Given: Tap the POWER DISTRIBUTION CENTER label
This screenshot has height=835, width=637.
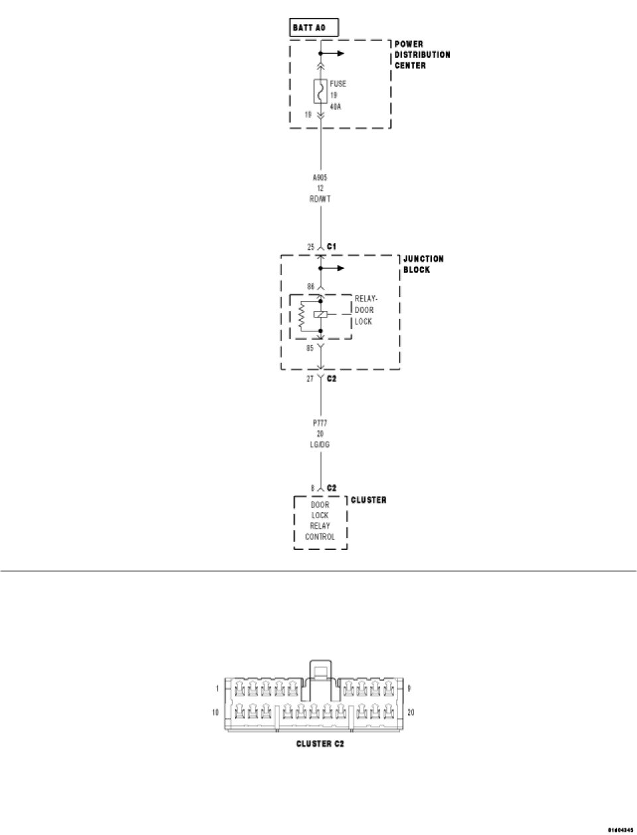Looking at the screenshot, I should click(422, 55).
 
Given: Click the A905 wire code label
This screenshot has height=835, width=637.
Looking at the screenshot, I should click(320, 177).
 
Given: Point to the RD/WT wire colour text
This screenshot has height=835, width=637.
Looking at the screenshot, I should click(320, 199).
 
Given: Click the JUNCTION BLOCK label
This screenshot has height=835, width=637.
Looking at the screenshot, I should click(423, 264).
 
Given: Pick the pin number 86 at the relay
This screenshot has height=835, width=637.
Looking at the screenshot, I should click(310, 287).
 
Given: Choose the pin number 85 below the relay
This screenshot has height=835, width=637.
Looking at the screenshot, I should click(310, 347).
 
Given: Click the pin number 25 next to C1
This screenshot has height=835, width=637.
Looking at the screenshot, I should click(310, 247).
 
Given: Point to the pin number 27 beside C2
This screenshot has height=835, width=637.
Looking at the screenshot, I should click(310, 379).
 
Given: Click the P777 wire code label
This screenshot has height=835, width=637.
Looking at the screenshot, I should click(320, 422).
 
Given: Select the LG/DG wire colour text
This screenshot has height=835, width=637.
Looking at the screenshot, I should click(320, 444).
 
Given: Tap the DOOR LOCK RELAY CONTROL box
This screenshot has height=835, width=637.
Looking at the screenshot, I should click(320, 521).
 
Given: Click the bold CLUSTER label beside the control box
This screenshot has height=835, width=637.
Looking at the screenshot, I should click(368, 500).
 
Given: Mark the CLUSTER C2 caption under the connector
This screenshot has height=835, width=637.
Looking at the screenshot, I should click(320, 744).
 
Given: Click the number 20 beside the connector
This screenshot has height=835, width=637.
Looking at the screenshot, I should click(411, 713).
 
